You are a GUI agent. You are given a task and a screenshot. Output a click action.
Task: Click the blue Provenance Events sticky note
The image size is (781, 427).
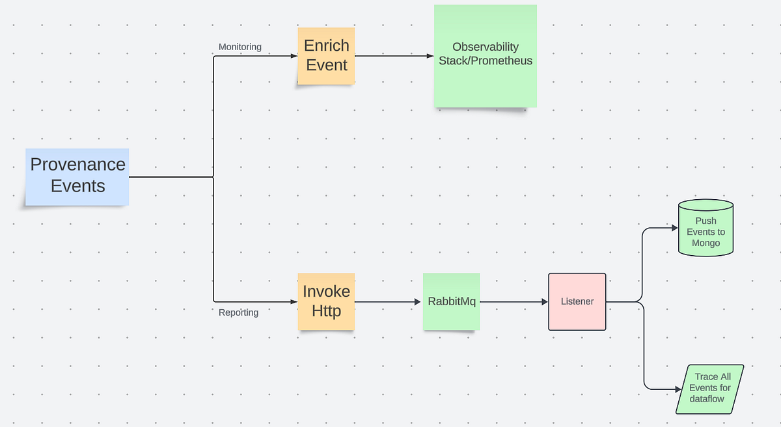77,176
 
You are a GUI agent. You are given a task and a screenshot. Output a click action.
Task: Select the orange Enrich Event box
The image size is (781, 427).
326,55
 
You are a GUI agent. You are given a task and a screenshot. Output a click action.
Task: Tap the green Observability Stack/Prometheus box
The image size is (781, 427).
485,55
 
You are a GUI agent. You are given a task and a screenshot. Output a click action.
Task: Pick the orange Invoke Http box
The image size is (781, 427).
326,301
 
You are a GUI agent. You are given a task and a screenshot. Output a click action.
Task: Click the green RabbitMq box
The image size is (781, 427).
451,301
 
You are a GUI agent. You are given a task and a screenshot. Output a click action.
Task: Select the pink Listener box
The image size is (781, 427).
577,301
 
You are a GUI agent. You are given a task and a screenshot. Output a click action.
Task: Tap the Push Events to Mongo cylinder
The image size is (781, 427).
706,229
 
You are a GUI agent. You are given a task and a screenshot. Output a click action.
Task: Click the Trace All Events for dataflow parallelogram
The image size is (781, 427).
709,388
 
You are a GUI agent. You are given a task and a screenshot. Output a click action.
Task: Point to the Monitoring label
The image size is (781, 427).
240,47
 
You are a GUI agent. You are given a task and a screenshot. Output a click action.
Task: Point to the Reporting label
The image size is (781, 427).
238,312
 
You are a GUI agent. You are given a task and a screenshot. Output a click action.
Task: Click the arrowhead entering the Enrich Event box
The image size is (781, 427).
294,56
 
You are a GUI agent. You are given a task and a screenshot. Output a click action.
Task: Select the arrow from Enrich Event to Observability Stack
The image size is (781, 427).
394,56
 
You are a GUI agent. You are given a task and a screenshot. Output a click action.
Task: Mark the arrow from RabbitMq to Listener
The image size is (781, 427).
514,302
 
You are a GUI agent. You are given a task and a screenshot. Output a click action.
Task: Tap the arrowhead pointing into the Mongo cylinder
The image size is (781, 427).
674,228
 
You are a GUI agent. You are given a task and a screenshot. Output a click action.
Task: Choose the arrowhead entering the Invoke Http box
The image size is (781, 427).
294,302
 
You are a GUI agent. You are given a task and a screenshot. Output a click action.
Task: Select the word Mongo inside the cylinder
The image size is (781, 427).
706,243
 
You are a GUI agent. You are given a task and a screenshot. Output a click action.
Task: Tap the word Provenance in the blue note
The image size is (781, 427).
77,164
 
